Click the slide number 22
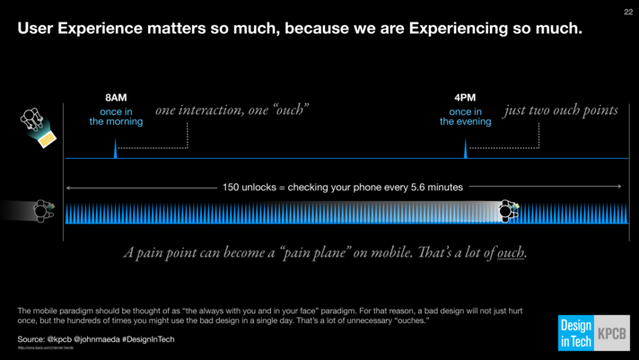[626, 13]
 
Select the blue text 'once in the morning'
[116, 117]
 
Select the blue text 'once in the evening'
[465, 117]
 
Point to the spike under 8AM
[115, 149]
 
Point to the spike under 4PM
[465, 149]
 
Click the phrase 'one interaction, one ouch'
[232, 110]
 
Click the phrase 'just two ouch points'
[561, 110]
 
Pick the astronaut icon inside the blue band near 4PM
[508, 211]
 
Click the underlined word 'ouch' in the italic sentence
[512, 252]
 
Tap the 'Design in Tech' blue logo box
[574, 333]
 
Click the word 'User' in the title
[36, 30]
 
